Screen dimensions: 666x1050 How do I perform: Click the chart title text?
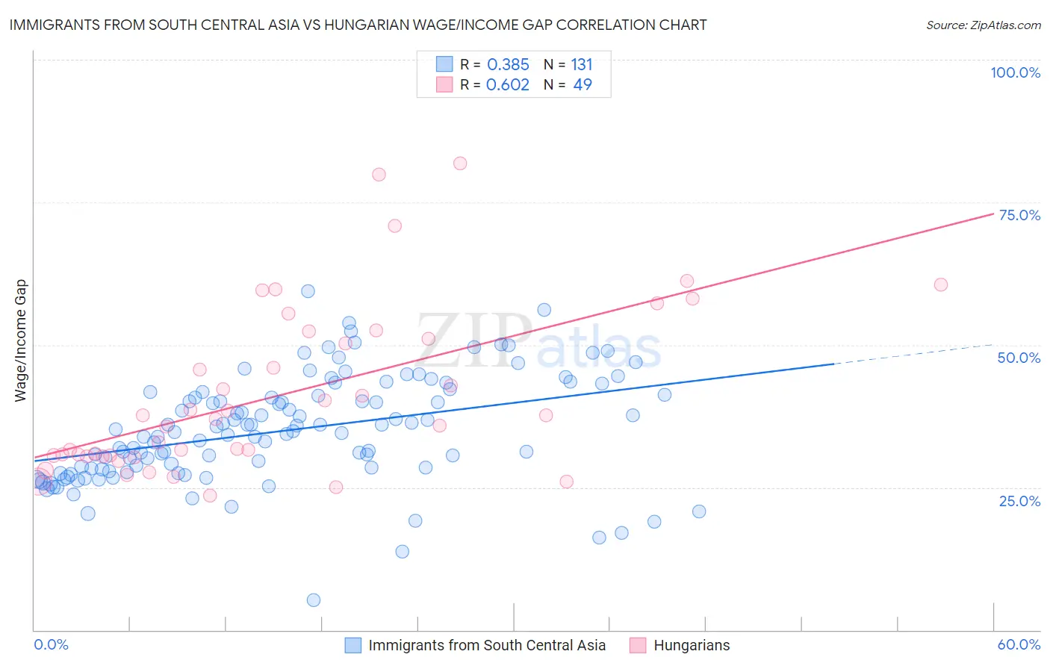(x=358, y=25)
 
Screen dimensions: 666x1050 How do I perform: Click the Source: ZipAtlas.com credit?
(x=983, y=25)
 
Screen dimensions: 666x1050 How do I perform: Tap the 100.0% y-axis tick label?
(x=1015, y=72)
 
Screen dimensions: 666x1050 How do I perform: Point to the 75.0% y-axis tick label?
(x=1019, y=215)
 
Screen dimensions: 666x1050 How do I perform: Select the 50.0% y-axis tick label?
(x=1019, y=358)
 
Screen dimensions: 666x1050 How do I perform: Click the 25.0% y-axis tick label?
(x=1019, y=500)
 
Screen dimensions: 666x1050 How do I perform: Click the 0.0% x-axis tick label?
(x=51, y=644)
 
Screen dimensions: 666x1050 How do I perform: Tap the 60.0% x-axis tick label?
(x=1019, y=644)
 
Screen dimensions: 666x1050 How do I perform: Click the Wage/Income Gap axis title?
(x=21, y=340)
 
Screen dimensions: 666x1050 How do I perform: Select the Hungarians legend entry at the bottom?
(x=691, y=645)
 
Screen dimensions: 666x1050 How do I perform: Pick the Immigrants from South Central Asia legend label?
(x=486, y=645)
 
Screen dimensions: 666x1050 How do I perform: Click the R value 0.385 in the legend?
(x=507, y=65)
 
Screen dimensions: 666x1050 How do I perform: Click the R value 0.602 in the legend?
(x=507, y=85)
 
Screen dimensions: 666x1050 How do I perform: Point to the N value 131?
(x=581, y=65)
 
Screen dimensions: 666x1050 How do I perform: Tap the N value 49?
(x=582, y=85)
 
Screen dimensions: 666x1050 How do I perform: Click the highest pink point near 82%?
(x=460, y=164)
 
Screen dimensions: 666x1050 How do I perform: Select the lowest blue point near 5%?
(x=314, y=600)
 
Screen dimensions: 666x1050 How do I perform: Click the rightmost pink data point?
(x=941, y=284)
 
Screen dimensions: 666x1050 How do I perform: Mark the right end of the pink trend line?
(x=992, y=214)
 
